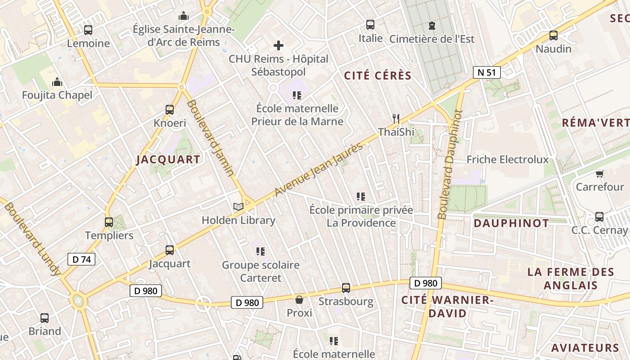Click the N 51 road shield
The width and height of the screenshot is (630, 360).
click(x=486, y=72)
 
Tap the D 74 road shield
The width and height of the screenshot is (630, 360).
click(x=81, y=259)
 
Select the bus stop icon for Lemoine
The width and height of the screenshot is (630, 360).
click(x=88, y=30)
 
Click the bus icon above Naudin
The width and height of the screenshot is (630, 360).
click(x=553, y=36)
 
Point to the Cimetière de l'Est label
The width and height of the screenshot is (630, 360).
click(x=432, y=39)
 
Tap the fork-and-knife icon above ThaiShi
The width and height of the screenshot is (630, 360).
click(x=396, y=119)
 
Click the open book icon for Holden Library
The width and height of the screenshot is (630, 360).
click(x=238, y=207)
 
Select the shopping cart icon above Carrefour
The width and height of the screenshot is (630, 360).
click(x=599, y=174)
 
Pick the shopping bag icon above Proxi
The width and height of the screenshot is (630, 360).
click(x=299, y=300)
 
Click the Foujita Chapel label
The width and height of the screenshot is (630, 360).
click(x=57, y=95)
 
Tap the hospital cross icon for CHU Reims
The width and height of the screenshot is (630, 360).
click(x=279, y=45)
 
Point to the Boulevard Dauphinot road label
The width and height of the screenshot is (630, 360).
click(x=450, y=165)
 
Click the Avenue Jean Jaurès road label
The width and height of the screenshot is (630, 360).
click(x=319, y=170)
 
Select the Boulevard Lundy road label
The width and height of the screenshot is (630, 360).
click(x=32, y=238)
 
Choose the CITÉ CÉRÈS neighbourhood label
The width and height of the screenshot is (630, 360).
click(x=378, y=76)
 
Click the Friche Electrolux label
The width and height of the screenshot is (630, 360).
click(x=508, y=159)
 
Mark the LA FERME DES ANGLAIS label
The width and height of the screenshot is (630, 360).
click(x=570, y=279)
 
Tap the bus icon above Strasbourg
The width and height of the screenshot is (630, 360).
click(x=346, y=288)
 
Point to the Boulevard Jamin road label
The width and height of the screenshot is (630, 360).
click(x=210, y=138)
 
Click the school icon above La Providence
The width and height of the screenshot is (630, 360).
click(x=360, y=196)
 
